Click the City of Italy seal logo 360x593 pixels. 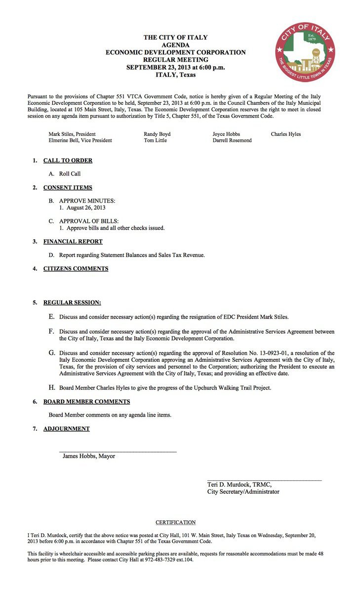(305, 52)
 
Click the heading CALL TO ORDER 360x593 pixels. (68, 161)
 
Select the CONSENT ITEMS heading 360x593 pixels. (68, 188)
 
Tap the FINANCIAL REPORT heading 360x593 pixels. (73, 242)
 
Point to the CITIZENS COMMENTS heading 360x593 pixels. (76, 269)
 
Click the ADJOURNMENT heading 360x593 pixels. (66, 429)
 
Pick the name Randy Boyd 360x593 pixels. (157, 134)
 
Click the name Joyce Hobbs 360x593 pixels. (226, 134)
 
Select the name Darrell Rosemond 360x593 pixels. (232, 140)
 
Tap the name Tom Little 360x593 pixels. (155, 140)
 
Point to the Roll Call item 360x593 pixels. (70, 174)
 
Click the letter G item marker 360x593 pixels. (51, 353)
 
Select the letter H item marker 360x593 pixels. (51, 387)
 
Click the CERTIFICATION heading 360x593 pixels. (175, 522)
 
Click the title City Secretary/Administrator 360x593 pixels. (243, 492)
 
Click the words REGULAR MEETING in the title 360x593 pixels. (175, 60)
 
